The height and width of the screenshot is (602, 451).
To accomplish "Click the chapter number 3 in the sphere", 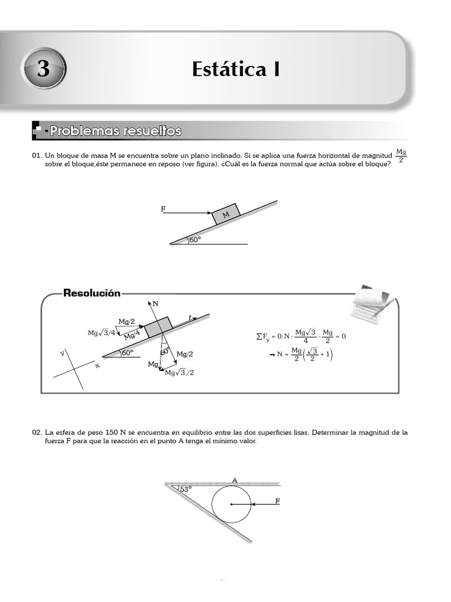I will [x=43, y=70].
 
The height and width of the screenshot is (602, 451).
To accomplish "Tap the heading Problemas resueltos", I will [x=115, y=131].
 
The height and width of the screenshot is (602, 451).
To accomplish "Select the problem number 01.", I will [x=37, y=156].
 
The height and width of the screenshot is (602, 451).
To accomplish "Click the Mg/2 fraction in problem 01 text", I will [x=401, y=156].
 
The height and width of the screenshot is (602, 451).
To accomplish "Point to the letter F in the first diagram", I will [x=163, y=209].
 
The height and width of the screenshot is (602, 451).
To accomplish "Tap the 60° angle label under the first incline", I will [x=196, y=239].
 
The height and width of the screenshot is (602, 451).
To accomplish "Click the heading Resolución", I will [x=92, y=293].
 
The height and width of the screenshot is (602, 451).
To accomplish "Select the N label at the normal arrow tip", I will [x=155, y=304].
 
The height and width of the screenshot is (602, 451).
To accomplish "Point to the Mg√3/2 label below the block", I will [x=179, y=373].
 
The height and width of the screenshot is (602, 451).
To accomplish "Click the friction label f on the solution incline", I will [x=190, y=317].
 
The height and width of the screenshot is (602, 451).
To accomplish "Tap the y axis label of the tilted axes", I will [x=62, y=353].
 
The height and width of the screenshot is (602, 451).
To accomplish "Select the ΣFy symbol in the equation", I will [x=264, y=337].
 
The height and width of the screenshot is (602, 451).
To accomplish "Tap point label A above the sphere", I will [x=234, y=480].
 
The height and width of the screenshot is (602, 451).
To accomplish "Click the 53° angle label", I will [x=186, y=489].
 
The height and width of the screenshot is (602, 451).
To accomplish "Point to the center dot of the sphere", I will [x=231, y=504].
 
